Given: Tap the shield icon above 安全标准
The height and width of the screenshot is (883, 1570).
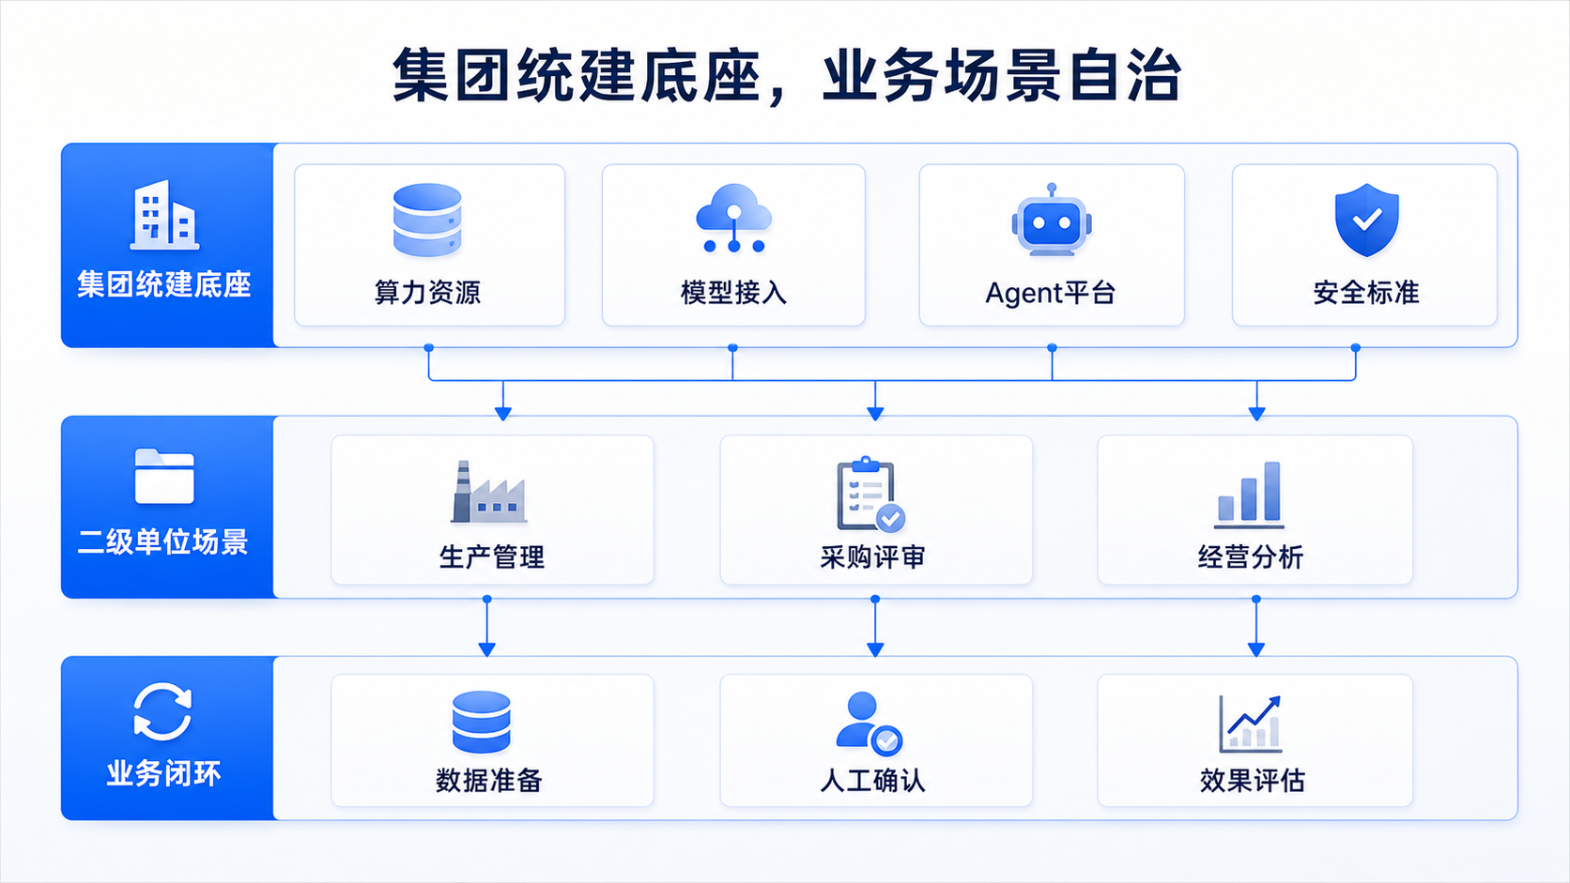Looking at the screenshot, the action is pyautogui.click(x=1366, y=220).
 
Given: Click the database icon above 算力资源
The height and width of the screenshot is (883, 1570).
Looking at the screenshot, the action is pyautogui.click(x=427, y=220).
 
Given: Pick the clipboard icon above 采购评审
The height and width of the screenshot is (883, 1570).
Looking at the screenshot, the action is pyautogui.click(x=870, y=495).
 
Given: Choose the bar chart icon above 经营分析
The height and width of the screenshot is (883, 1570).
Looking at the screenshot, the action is pyautogui.click(x=1249, y=495).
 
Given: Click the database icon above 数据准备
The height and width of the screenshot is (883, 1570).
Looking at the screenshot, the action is pyautogui.click(x=482, y=722).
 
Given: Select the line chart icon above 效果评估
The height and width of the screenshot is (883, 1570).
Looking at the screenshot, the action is pyautogui.click(x=1251, y=723).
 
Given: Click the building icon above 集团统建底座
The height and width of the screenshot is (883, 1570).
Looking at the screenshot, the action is pyautogui.click(x=164, y=214).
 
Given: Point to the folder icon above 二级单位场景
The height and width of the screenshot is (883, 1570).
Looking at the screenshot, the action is pyautogui.click(x=164, y=476).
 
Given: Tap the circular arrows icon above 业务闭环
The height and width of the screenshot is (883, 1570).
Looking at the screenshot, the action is pyautogui.click(x=162, y=711).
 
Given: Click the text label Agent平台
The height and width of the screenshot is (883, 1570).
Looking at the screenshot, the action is pyautogui.click(x=1051, y=293).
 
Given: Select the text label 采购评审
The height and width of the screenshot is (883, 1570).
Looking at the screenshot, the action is pyautogui.click(x=872, y=557).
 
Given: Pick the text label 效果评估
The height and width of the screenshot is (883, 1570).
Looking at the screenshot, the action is pyautogui.click(x=1253, y=780).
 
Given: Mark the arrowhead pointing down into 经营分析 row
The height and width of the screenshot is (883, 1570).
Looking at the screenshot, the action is pyautogui.click(x=1256, y=414).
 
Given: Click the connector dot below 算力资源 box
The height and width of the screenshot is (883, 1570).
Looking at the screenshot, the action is pyautogui.click(x=429, y=348).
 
